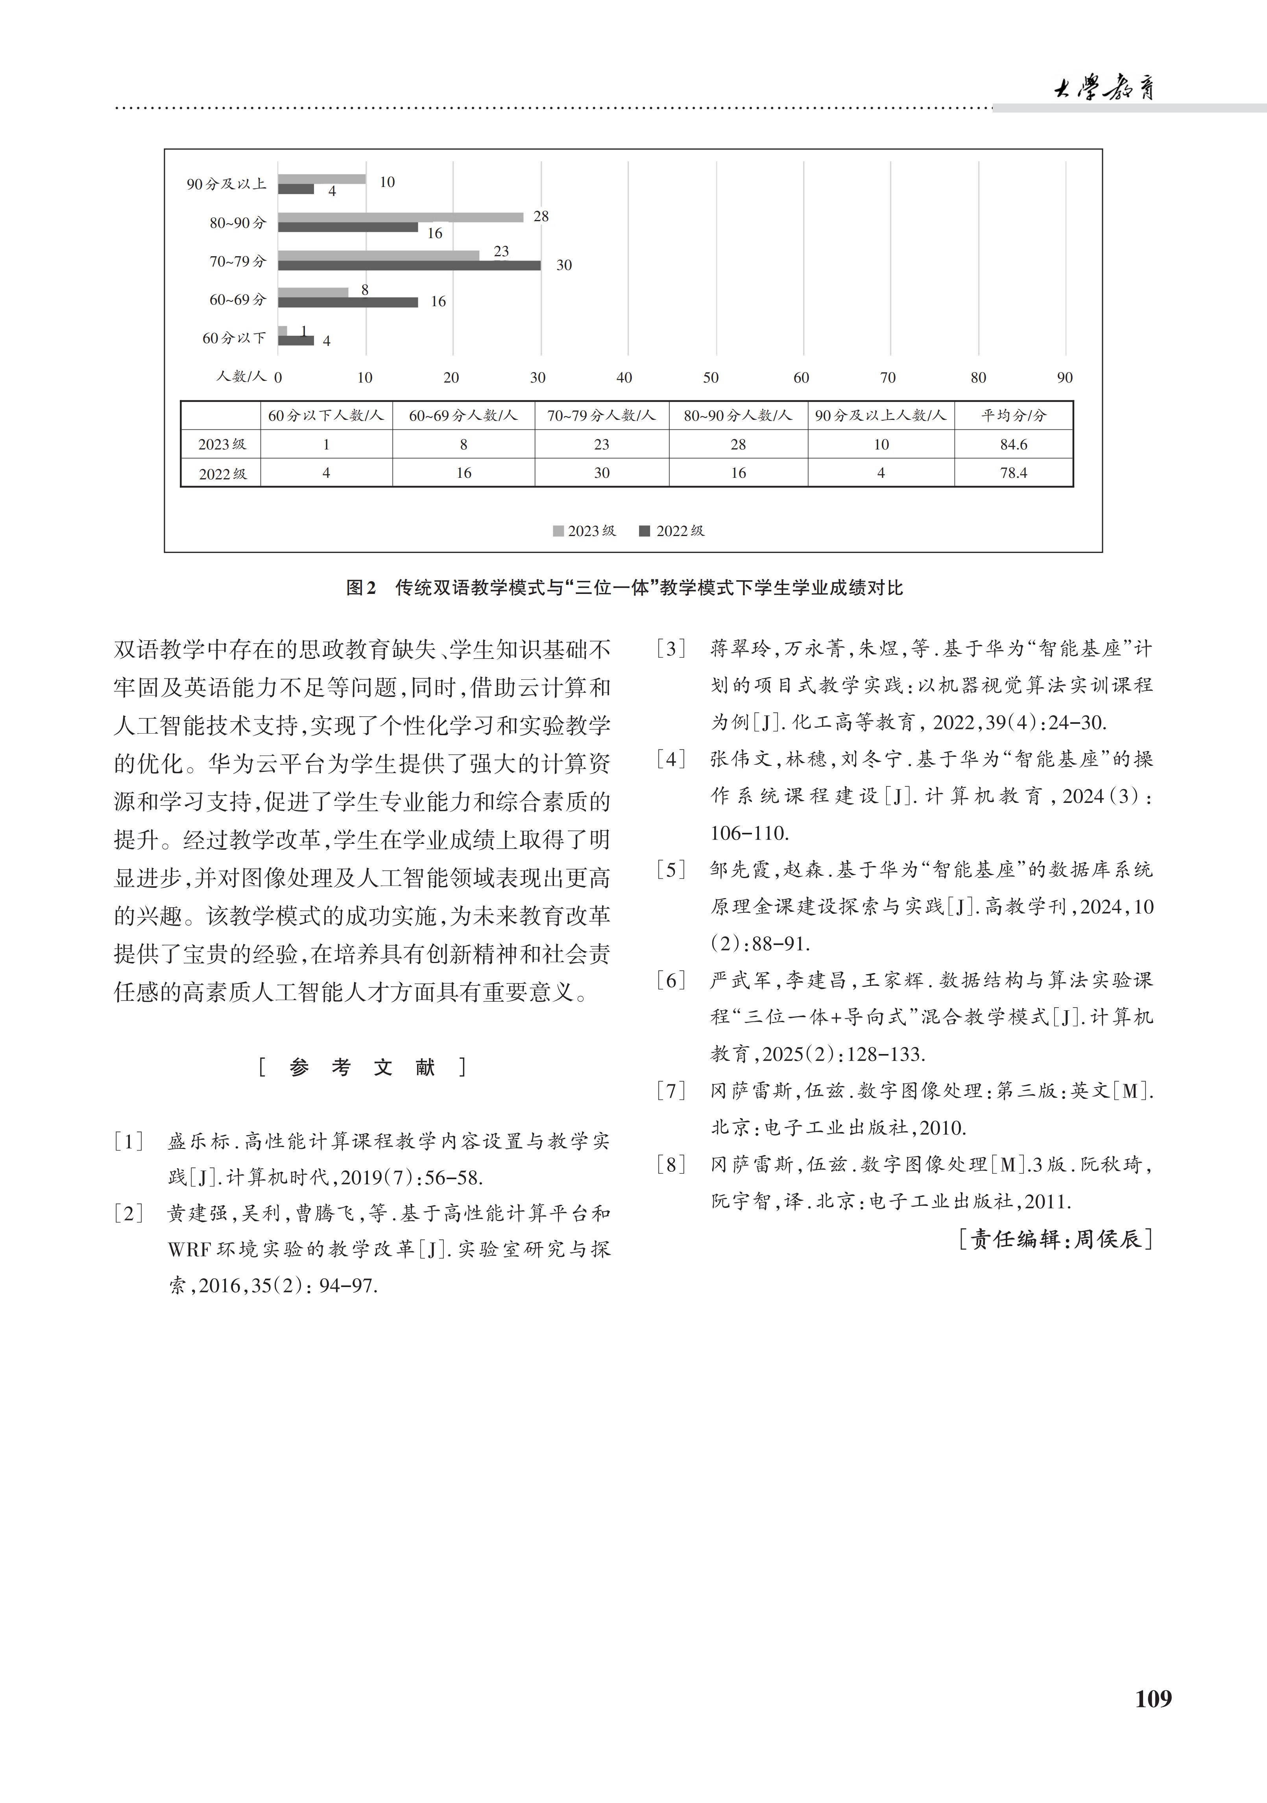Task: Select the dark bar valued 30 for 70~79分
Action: (409, 265)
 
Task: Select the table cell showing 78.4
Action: (1014, 473)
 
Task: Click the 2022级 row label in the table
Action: (222, 473)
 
